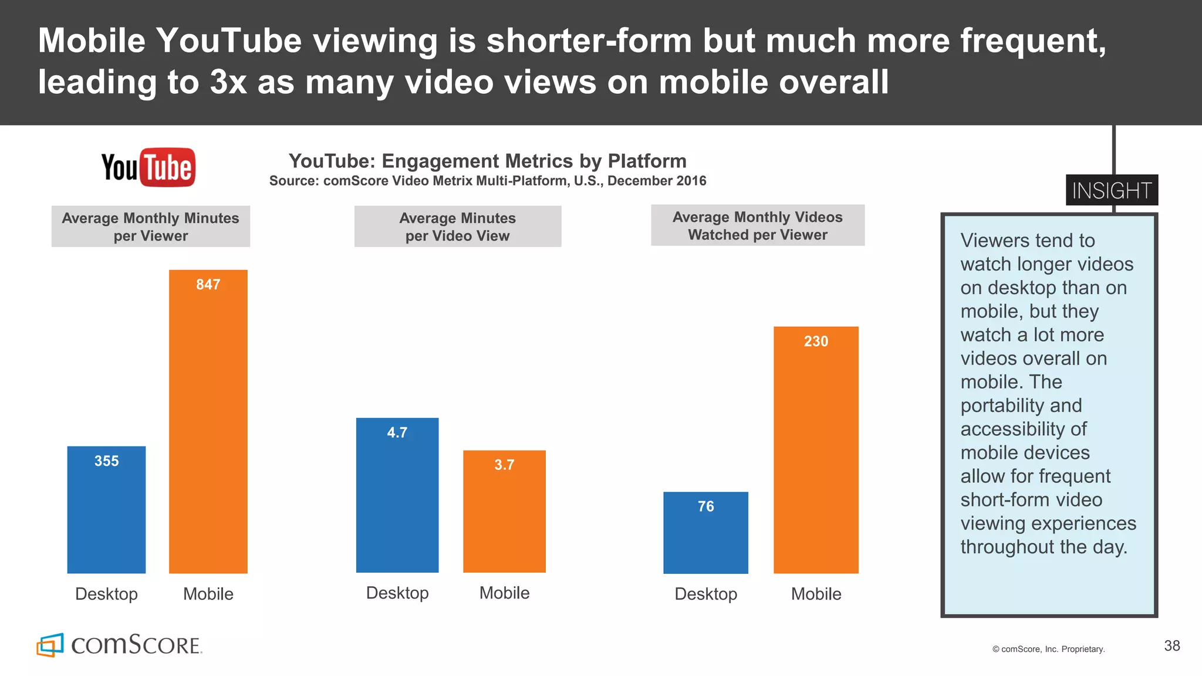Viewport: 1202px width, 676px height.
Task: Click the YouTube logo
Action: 148,167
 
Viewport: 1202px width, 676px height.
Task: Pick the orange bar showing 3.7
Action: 504,511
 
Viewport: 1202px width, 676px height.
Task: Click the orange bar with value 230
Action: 816,449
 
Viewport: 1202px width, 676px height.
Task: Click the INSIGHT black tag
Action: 1111,190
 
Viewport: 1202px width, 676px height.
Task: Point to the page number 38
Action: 1171,645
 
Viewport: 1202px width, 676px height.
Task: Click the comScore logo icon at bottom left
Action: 50,645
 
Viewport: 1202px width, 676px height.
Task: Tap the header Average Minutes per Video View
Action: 457,227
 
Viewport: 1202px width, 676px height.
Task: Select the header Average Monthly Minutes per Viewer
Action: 150,227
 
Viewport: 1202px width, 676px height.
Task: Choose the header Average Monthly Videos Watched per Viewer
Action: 757,225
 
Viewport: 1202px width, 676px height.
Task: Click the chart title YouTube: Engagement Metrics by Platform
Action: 487,161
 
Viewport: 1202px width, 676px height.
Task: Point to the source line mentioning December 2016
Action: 487,181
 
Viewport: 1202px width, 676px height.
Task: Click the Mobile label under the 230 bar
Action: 816,594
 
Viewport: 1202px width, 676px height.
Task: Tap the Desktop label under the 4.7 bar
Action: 397,593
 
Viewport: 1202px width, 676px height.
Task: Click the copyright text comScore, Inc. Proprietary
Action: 1048,649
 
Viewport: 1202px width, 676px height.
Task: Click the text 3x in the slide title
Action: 228,82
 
